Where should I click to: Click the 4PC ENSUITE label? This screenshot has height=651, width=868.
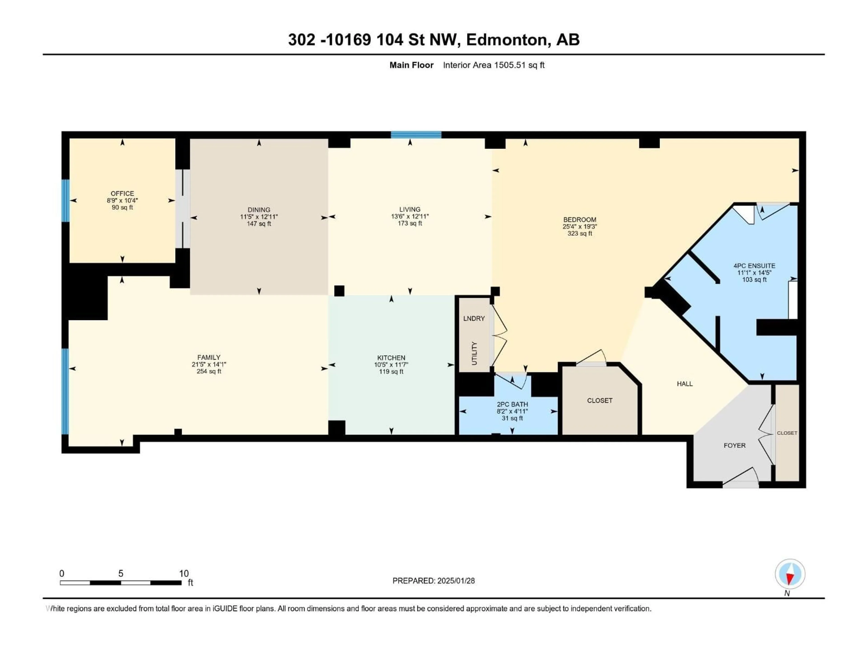754,266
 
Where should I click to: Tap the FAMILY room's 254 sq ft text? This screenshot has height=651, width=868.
209,371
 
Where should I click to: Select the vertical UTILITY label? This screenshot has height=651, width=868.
474,353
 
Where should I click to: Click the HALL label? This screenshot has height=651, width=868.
684,384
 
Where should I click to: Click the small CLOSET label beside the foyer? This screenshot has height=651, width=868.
787,433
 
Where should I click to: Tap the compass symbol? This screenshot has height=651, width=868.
790,574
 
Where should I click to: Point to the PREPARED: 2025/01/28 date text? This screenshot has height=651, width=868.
433,581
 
